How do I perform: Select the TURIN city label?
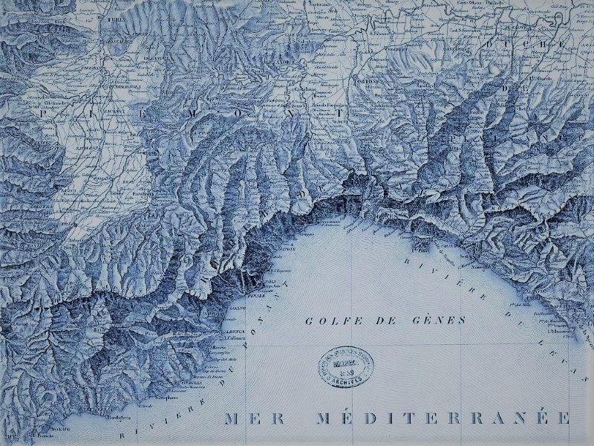click(x=114, y=18)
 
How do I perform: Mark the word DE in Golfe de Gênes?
click(x=379, y=320)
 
